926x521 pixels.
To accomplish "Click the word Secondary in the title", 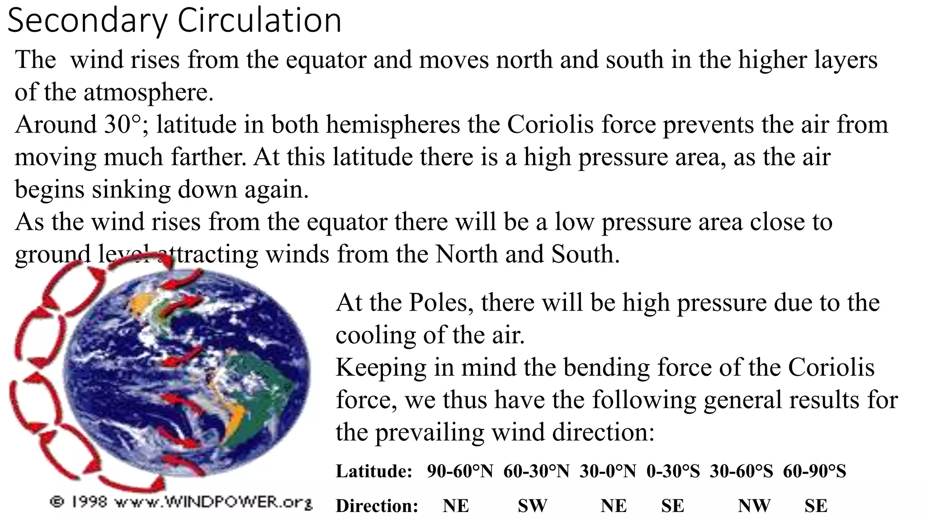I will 88,21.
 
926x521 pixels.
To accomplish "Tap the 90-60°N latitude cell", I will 460,471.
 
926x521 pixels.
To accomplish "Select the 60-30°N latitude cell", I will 536,471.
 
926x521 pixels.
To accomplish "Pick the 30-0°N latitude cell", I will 608,471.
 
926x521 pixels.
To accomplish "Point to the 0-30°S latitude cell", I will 673,471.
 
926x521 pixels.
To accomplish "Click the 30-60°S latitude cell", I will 741,471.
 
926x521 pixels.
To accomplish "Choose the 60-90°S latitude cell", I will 814,471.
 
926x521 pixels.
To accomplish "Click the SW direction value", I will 532,506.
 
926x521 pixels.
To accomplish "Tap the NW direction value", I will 754,506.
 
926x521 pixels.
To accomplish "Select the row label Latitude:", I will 374,471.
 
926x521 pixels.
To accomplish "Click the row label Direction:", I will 377,506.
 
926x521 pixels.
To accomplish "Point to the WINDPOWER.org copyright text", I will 181,502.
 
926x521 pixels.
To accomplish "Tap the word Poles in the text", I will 438,302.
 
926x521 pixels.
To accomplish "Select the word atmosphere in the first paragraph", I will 148,92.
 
